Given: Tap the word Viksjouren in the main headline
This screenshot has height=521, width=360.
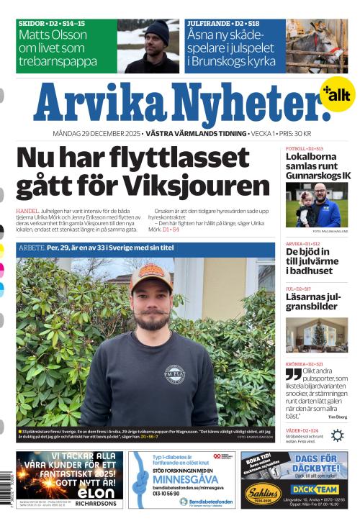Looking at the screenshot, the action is pyautogui.click(x=203, y=186).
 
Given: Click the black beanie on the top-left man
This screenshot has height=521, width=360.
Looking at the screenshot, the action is pyautogui.click(x=156, y=30).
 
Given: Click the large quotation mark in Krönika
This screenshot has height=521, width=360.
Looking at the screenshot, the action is pyautogui.click(x=293, y=374).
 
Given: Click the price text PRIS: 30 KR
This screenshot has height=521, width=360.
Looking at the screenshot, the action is pyautogui.click(x=294, y=135).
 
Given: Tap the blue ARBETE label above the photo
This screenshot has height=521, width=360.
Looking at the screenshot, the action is pyautogui.click(x=31, y=246).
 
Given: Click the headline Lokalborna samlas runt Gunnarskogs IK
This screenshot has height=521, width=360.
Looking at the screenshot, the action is pyautogui.click(x=318, y=166).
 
